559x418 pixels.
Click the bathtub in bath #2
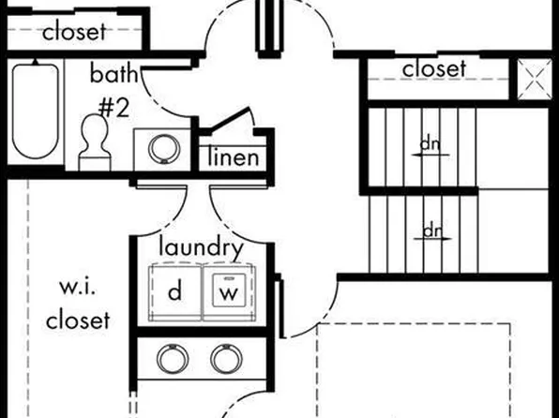click(35, 112)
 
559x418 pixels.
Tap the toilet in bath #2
click(95, 142)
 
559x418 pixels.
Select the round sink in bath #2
click(164, 149)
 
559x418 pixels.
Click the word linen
click(234, 157)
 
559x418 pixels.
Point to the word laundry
click(201, 246)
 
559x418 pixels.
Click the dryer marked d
click(175, 292)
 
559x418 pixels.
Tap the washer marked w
click(229, 292)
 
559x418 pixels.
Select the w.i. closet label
click(78, 304)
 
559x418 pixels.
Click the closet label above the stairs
click(434, 68)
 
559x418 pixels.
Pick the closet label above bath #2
click(74, 31)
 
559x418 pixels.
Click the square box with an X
click(534, 80)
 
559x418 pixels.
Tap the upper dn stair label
click(430, 144)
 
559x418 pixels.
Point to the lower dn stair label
click(432, 231)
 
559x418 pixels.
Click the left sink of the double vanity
click(173, 359)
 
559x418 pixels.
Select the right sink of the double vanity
click(227, 359)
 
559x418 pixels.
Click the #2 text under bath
click(113, 108)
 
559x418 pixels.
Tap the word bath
click(113, 73)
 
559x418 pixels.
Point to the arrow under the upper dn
click(431, 155)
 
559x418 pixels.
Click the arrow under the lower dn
click(432, 239)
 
